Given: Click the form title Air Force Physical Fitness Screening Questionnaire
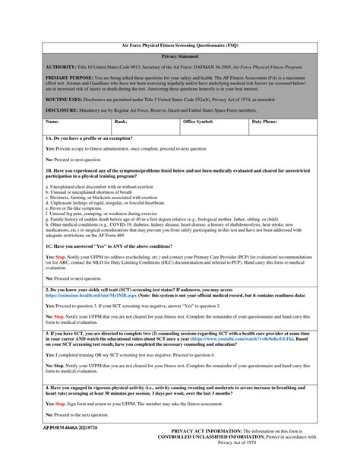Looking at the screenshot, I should coord(180,46).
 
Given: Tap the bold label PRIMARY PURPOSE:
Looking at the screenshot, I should coord(71,78).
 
